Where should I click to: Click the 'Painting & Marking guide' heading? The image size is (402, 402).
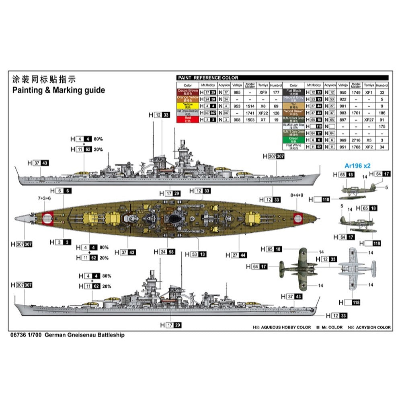pos(58,90)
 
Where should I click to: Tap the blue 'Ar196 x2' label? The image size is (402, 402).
pos(357,165)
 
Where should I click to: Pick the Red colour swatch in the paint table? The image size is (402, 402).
pos(188,119)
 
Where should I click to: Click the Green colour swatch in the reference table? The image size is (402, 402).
pos(293,139)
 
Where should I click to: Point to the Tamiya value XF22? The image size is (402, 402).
pos(263,113)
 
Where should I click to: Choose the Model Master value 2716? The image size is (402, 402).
pos(356,140)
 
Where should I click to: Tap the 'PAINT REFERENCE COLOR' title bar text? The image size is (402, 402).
pos(208,78)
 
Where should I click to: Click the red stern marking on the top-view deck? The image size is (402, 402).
pos(48,218)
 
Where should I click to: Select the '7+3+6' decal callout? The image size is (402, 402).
pos(44,198)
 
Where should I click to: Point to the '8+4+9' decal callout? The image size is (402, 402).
pos(297,195)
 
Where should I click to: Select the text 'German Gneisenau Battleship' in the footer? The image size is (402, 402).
pos(84,335)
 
